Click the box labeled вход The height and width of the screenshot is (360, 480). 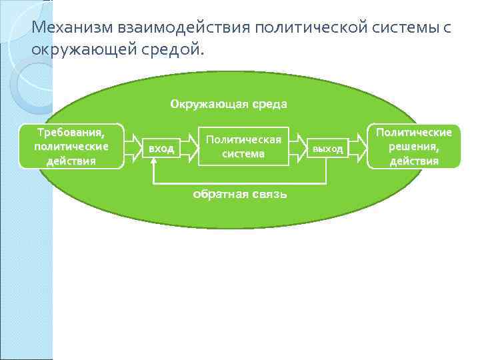(161, 149)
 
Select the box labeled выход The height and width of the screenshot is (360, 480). (327, 149)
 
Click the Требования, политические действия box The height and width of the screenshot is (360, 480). (71, 145)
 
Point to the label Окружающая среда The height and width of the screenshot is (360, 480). (229, 104)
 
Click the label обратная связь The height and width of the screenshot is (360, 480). (239, 194)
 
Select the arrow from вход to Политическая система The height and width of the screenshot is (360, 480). (189, 147)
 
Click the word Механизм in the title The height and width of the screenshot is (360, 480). (73, 28)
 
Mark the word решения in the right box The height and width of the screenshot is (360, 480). (413, 147)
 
